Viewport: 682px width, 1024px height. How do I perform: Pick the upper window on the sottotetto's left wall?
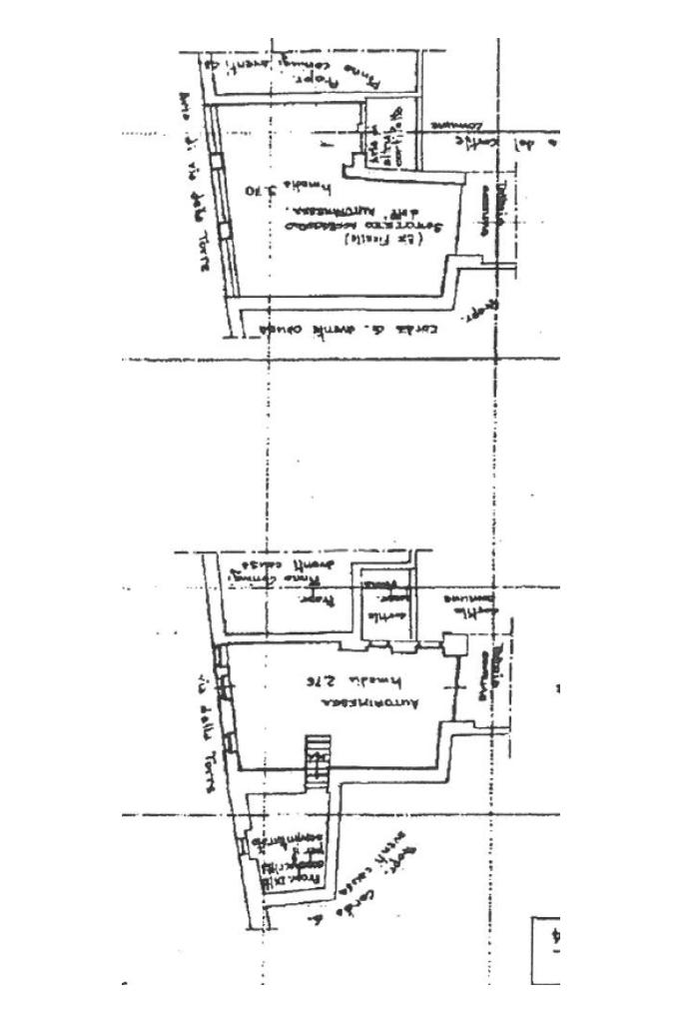point(221,161)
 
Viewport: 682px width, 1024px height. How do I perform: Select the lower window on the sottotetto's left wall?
point(226,229)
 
